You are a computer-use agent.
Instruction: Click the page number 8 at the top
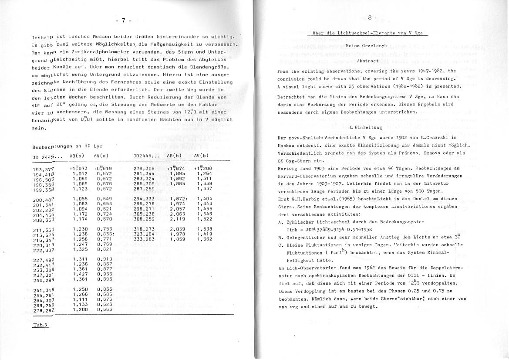[369, 18]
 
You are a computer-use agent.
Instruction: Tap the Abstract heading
[367, 61]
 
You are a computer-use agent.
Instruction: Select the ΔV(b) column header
[201, 156]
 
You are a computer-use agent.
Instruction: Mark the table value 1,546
[205, 202]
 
